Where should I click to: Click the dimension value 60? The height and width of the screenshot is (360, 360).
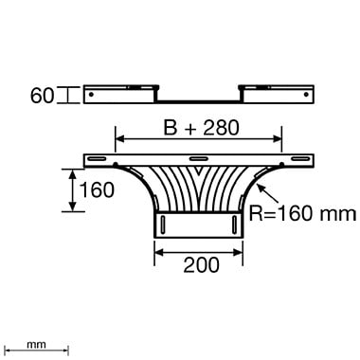(x=42, y=96)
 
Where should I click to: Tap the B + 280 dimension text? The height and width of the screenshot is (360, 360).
(x=201, y=128)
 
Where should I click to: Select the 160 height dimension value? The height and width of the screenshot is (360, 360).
(x=97, y=190)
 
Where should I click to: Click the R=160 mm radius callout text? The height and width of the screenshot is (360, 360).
(x=302, y=213)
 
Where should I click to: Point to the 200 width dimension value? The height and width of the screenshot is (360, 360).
(x=201, y=264)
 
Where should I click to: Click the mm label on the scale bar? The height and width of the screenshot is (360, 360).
(x=36, y=345)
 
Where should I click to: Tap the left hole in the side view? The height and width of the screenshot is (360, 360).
(x=91, y=95)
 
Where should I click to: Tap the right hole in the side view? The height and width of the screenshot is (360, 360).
(x=306, y=95)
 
